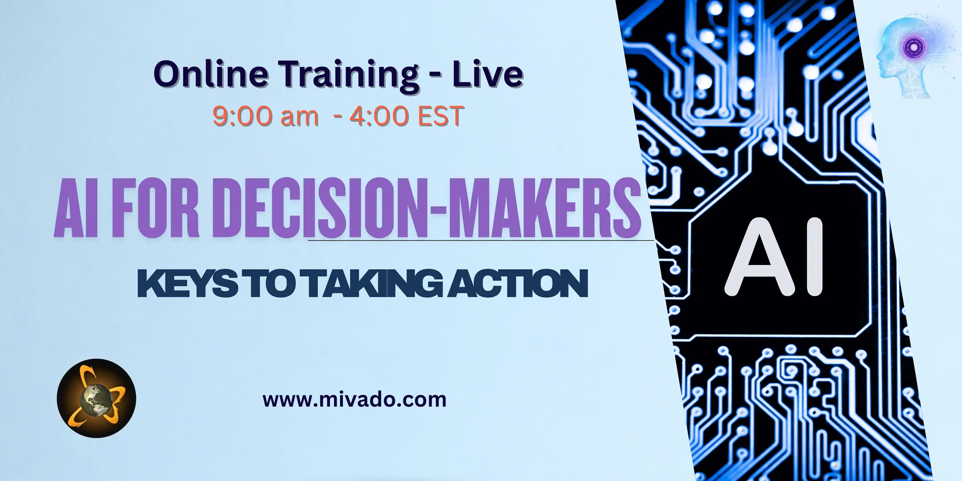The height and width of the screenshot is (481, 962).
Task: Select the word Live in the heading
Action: (488, 74)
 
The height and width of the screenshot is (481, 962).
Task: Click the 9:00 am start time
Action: (265, 116)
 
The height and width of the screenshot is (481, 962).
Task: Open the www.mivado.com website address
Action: (355, 399)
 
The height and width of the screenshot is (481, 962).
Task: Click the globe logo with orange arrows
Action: (96, 398)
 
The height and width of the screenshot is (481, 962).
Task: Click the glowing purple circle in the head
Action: (917, 45)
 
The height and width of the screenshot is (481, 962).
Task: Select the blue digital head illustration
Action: (909, 58)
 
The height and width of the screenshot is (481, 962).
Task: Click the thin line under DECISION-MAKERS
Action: (481, 240)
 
